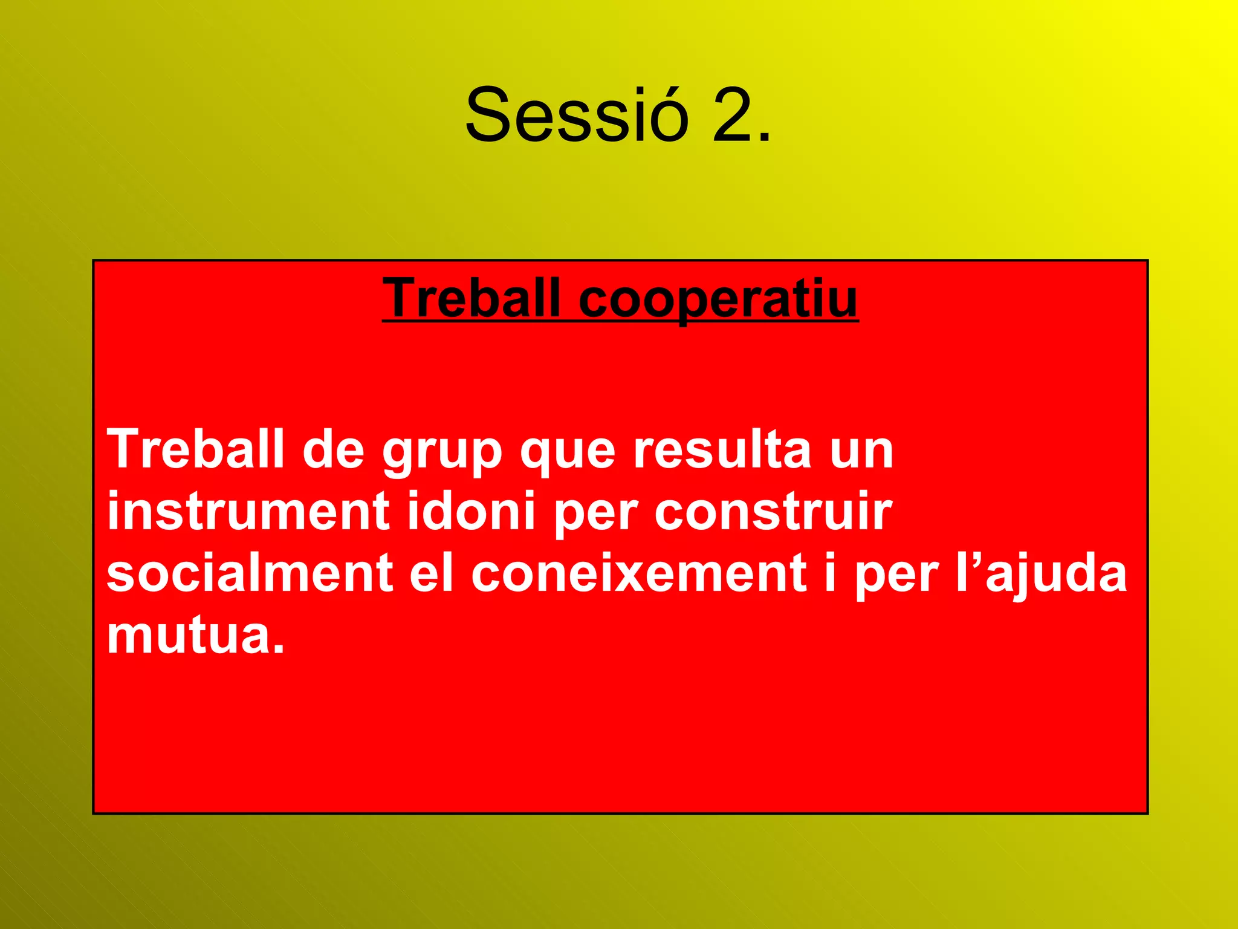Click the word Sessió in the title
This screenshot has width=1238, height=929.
[577, 115]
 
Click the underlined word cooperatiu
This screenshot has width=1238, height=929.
[718, 299]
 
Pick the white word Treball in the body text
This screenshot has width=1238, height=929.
[195, 449]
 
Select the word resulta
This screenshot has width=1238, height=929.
[722, 449]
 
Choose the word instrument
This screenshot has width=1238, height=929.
[248, 511]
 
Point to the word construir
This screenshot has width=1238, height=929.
[773, 511]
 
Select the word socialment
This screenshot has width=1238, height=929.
[250, 573]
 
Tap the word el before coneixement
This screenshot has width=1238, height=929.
[432, 573]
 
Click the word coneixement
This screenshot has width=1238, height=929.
[638, 573]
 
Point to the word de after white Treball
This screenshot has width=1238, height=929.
[333, 449]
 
